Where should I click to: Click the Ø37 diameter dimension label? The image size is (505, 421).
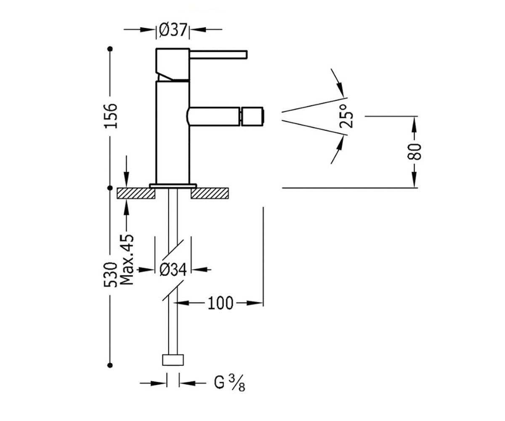173,30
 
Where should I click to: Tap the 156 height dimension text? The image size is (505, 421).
111,116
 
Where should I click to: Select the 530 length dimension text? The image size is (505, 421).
111,275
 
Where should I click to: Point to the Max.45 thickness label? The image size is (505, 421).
127,259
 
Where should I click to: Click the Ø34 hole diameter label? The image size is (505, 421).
173,269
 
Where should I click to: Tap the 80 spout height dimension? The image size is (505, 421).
415,152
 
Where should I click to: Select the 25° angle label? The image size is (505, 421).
346,116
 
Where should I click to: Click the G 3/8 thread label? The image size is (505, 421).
229,384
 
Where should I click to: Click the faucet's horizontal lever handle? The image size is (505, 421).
218,55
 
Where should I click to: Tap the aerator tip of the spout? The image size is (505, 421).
252,116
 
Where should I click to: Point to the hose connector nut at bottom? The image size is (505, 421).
173,360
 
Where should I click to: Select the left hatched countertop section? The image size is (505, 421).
136,193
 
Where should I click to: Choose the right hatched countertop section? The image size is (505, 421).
210,193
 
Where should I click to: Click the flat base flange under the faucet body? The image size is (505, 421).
173,186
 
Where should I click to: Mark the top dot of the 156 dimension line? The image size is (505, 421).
110,49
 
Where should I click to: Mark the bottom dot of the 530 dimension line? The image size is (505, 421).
110,365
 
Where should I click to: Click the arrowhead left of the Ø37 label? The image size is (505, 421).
148,29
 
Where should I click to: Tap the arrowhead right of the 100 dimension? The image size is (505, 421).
255,303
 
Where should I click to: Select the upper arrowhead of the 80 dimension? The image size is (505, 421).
415,124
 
